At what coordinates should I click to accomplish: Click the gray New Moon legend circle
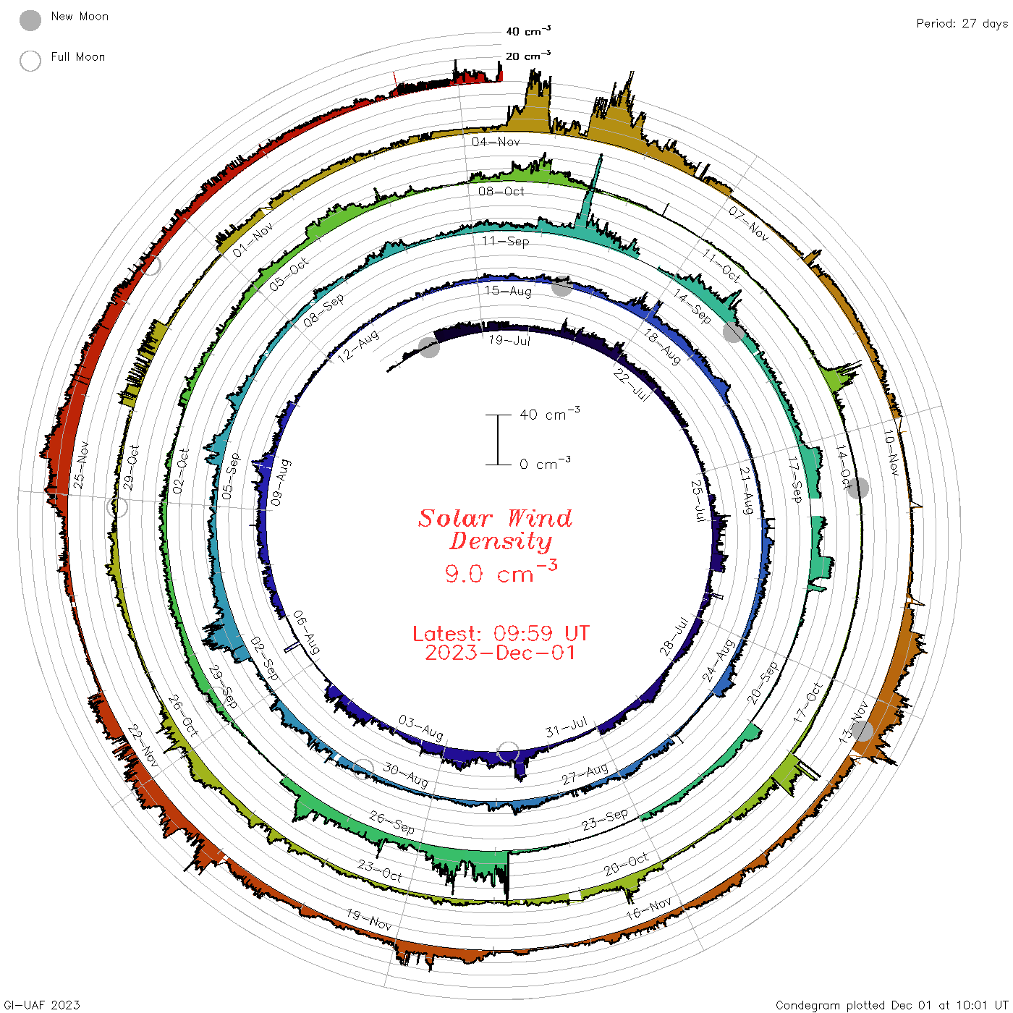[30, 20]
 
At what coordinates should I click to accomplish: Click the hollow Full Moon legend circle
[30, 61]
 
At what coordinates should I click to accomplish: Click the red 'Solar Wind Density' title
[495, 530]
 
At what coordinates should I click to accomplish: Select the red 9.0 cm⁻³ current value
[501, 572]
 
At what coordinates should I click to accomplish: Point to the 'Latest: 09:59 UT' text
[501, 633]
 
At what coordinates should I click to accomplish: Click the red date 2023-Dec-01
[500, 653]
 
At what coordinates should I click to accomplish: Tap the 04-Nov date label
[496, 142]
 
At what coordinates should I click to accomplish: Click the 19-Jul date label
[509, 340]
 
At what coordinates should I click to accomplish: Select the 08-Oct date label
[501, 191]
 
